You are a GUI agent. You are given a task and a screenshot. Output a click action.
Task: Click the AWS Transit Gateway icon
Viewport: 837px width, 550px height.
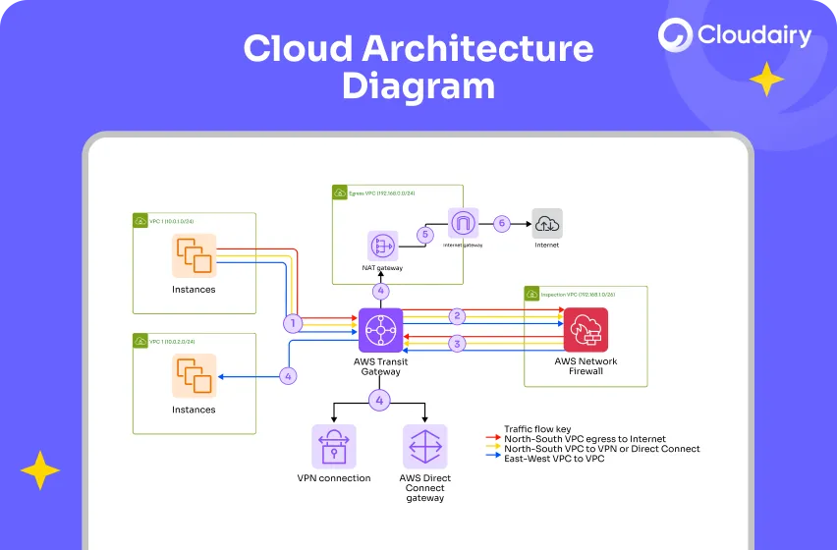click(379, 330)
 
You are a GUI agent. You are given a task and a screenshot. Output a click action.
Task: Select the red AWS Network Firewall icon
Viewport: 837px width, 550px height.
click(586, 330)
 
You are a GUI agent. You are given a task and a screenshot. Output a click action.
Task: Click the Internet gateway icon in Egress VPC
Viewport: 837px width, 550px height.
click(461, 223)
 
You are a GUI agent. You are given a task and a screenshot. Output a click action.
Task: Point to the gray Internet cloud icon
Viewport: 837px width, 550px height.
click(547, 224)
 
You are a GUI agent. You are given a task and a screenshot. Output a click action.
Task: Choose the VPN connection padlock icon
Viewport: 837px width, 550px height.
click(334, 446)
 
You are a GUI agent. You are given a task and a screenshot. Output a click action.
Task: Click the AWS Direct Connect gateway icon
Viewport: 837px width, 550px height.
click(424, 446)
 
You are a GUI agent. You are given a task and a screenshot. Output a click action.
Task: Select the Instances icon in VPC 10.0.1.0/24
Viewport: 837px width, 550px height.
click(194, 255)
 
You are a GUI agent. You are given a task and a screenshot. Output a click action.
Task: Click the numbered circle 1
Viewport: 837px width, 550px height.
click(291, 322)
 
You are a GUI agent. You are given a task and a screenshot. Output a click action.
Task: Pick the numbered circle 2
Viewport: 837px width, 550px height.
click(456, 315)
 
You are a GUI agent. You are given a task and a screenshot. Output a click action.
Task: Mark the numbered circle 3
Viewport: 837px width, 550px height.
click(456, 344)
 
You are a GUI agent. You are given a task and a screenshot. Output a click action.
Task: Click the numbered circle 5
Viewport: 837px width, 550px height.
click(424, 235)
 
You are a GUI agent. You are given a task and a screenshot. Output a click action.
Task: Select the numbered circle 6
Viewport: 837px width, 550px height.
click(501, 223)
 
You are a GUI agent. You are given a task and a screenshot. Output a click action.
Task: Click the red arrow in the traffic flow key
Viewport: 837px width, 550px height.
click(494, 439)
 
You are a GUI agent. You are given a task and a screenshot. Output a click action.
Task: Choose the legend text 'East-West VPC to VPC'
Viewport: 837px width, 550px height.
click(553, 459)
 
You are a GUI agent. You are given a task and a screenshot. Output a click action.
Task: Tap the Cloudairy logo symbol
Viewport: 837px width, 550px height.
click(676, 35)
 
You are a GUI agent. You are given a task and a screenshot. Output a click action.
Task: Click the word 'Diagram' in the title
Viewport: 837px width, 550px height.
click(418, 85)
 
